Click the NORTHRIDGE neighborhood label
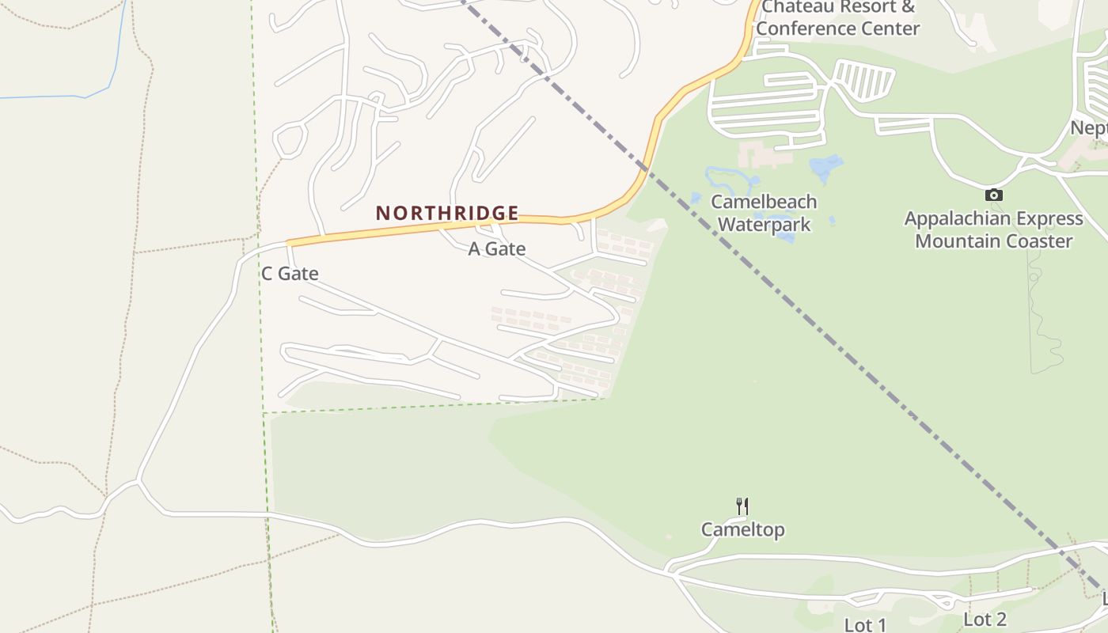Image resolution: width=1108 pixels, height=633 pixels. coord(447,213)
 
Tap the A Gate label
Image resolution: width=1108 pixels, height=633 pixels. coord(497,249)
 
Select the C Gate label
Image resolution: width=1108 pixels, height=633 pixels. coord(290,274)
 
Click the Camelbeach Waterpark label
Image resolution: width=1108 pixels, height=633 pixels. coord(764,213)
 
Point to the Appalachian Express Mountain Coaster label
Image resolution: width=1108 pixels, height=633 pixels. coord(993,229)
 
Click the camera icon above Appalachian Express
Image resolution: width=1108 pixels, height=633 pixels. coord(994,195)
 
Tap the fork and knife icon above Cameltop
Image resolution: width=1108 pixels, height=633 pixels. coord(742,506)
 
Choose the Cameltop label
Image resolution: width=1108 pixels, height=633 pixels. coord(742,529)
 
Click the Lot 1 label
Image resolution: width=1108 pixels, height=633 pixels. coord(865,624)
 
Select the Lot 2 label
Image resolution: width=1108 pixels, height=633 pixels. coord(985,619)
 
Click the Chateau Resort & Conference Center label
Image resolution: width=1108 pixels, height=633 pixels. coord(837,18)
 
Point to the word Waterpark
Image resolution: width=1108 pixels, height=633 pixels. coord(764,225)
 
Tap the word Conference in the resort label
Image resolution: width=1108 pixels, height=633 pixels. coord(810,29)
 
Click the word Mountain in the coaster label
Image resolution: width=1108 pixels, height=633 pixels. coord(961,241)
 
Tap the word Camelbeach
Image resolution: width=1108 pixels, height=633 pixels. coord(764,202)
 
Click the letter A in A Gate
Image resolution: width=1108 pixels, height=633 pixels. coord(475,249)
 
